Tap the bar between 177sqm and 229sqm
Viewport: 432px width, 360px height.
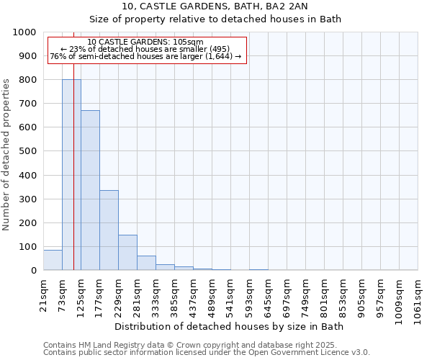tap(109, 230)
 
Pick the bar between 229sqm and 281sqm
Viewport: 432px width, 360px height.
tap(127, 253)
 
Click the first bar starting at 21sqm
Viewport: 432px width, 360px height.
tap(53, 260)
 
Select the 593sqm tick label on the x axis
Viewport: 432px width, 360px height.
tap(250, 296)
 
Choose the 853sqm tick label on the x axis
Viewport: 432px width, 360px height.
tap(343, 296)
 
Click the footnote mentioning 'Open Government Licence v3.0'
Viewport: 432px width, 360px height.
tap(207, 353)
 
